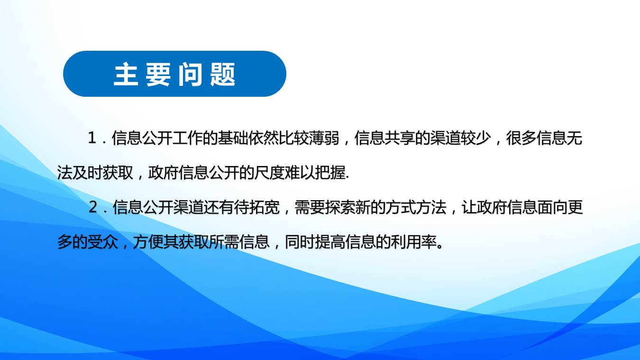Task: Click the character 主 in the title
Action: (126, 74)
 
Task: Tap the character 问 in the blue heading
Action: (191, 74)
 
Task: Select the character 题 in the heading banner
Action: (223, 74)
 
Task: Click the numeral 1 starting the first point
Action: (92, 138)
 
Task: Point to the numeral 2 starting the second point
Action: (93, 207)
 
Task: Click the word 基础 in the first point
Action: (233, 138)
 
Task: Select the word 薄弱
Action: (324, 138)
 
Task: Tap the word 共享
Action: (400, 138)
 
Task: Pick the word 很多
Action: (521, 138)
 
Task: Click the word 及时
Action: (87, 173)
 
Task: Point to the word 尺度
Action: (269, 173)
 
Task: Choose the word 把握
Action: (329, 173)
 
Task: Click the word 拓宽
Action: (264, 207)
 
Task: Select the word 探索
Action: (340, 207)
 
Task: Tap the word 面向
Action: (552, 207)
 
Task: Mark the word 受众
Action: (102, 242)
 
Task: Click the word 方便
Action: (148, 242)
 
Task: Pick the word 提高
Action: (330, 242)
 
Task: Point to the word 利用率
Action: (413, 242)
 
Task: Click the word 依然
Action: (263, 138)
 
